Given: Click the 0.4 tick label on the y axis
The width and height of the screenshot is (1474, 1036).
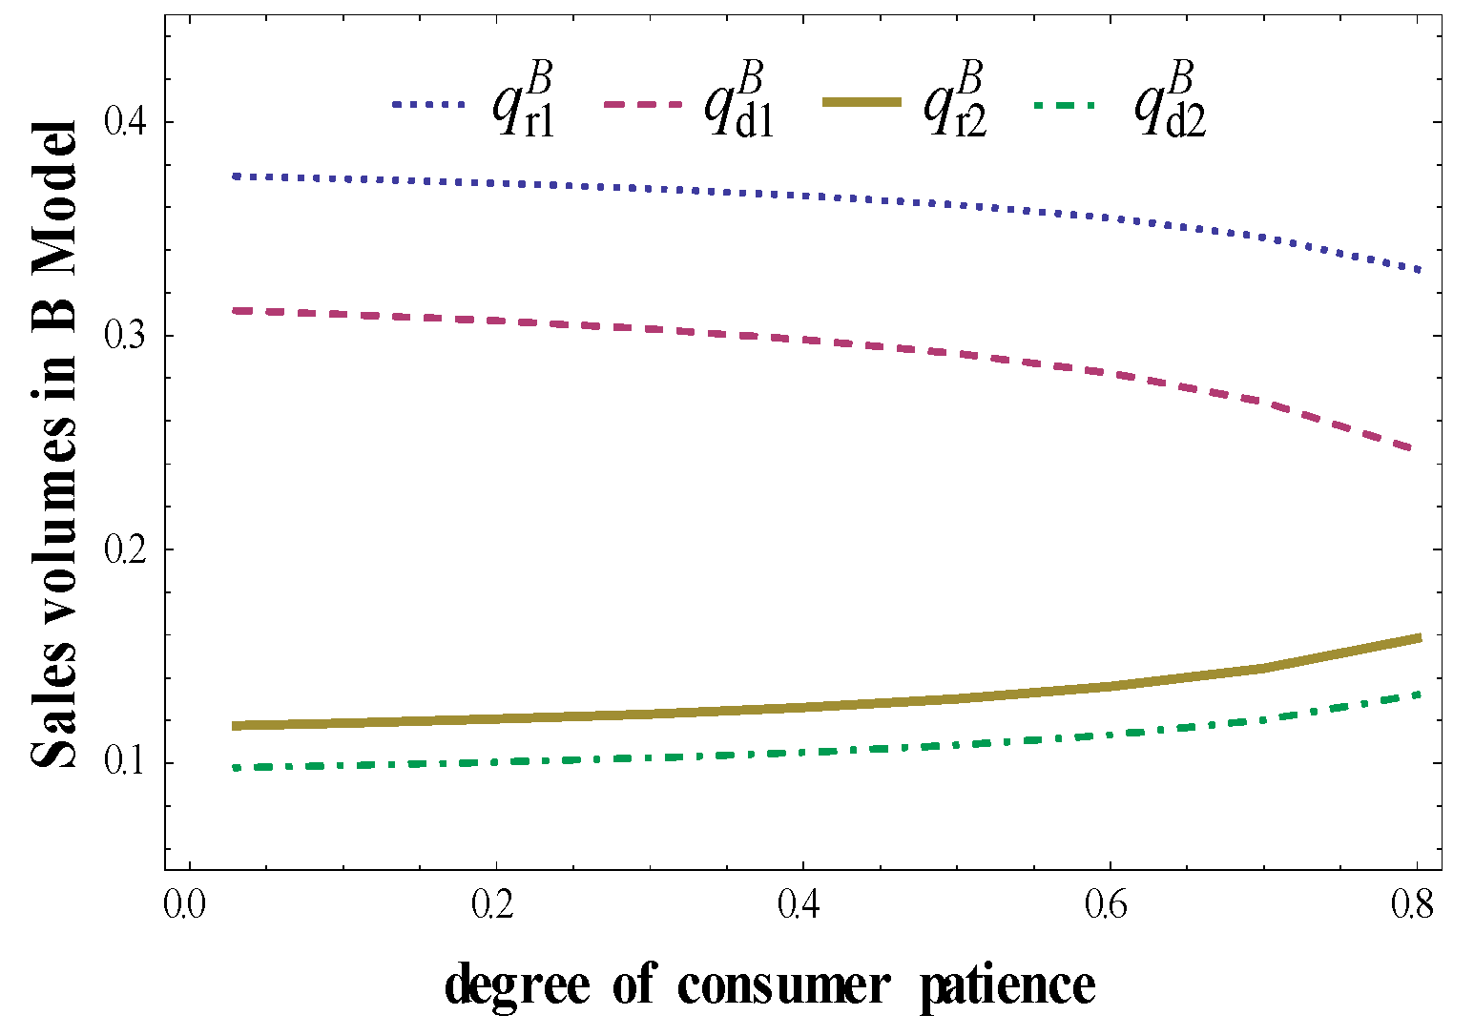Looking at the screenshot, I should pyautogui.click(x=126, y=123).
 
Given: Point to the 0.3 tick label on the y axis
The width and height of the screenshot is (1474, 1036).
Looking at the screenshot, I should pyautogui.click(x=126, y=337).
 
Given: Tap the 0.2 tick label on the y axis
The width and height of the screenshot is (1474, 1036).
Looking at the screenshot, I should pyautogui.click(x=126, y=550).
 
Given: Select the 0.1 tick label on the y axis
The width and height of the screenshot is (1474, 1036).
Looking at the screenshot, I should pyautogui.click(x=126, y=764).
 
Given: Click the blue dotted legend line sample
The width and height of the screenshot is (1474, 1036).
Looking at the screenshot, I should pyautogui.click(x=428, y=104).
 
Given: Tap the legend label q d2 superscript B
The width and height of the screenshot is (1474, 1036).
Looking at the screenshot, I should pyautogui.click(x=1169, y=100).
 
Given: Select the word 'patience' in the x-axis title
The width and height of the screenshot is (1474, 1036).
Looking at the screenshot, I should pyautogui.click(x=1007, y=984).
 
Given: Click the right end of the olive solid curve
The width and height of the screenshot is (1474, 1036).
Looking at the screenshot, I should pyautogui.click(x=1420, y=637).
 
